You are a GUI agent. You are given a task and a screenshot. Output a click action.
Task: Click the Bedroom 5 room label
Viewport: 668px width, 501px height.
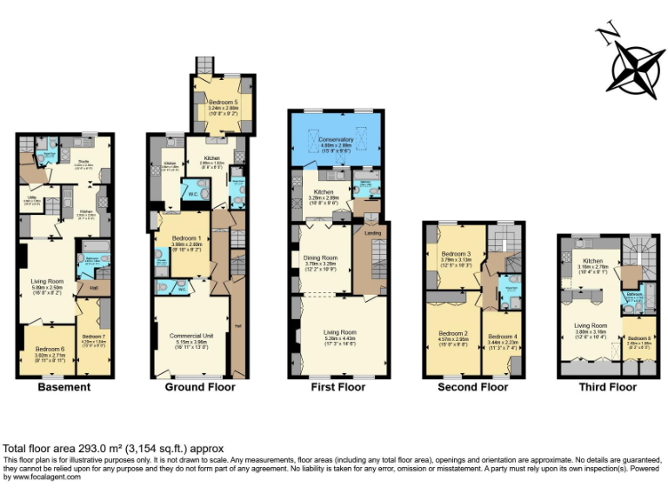(x=224, y=103)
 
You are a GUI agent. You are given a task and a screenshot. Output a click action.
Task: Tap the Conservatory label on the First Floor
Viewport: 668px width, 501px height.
(x=336, y=139)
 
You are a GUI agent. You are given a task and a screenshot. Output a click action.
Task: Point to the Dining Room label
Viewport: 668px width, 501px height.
(x=321, y=257)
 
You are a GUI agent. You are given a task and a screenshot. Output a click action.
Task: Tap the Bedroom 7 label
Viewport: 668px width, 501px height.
(x=93, y=337)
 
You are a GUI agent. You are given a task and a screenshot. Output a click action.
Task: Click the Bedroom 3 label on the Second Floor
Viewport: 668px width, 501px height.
(x=456, y=253)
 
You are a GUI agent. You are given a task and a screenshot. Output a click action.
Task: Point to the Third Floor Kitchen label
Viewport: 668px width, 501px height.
(x=593, y=261)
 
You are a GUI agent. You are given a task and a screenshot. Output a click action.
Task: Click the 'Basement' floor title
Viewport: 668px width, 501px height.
(x=63, y=387)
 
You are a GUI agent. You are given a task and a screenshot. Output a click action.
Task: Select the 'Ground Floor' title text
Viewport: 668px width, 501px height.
(x=200, y=387)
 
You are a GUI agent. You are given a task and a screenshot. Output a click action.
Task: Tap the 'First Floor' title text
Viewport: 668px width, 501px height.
(x=338, y=387)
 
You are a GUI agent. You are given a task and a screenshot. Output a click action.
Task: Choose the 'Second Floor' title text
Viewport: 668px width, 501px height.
(x=473, y=387)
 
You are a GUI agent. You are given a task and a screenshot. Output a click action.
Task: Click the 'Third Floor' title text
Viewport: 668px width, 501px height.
(x=608, y=387)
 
